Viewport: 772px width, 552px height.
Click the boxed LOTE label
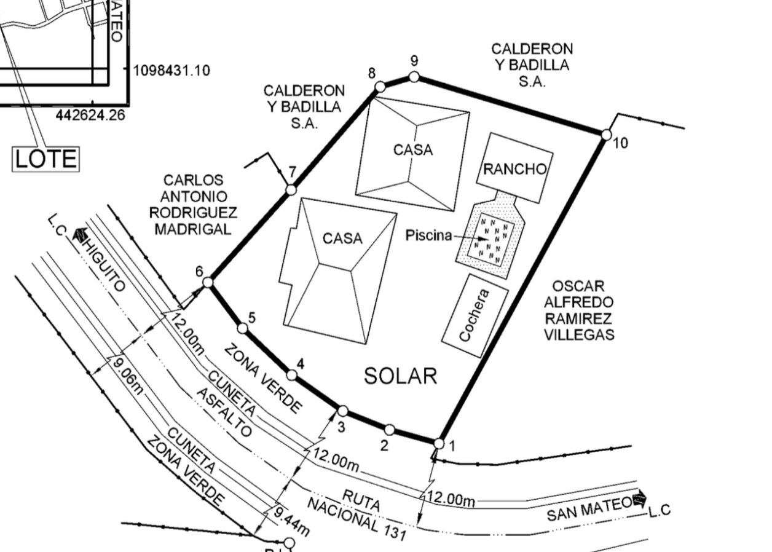pos(46,159)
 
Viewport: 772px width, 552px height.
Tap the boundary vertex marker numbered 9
pos(414,77)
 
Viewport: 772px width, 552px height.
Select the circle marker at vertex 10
pos(606,135)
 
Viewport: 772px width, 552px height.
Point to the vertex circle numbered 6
pos(208,283)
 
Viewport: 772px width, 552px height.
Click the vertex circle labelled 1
pos(439,443)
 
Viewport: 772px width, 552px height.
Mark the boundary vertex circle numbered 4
pos(291,376)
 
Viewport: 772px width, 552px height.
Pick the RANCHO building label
pos(515,169)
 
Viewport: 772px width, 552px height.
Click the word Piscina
pos(428,235)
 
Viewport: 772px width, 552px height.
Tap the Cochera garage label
pos(475,315)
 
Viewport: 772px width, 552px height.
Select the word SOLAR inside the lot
pos(401,376)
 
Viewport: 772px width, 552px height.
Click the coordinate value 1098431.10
pos(171,71)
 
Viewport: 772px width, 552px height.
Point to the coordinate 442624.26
pos(90,115)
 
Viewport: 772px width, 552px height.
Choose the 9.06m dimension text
pos(128,377)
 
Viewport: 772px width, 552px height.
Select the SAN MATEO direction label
pos(589,509)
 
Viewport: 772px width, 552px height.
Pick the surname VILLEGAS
pos(580,334)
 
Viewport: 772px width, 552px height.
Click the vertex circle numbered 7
pos(291,190)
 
